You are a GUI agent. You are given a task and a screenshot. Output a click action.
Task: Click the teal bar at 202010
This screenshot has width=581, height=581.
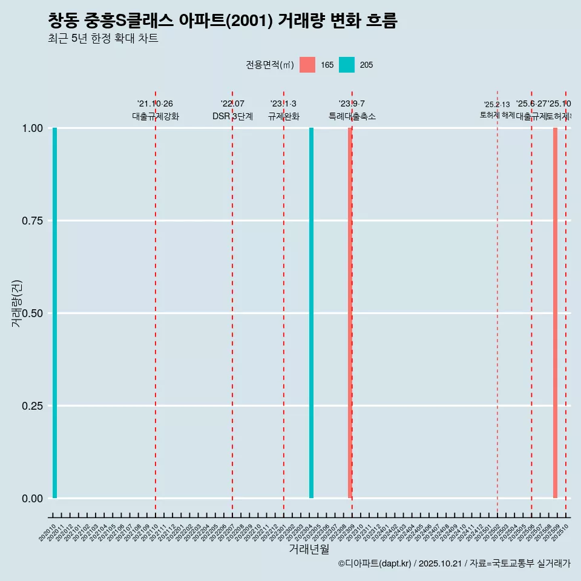tap(54, 313)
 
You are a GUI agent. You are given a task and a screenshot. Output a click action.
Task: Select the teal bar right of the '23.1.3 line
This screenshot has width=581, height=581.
tap(311, 313)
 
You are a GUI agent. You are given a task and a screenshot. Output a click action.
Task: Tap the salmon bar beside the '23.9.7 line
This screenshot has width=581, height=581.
tap(350, 313)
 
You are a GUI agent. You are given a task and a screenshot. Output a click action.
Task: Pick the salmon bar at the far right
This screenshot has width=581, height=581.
tap(555, 313)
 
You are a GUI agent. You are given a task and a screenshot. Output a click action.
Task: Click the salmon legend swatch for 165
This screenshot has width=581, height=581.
tap(307, 65)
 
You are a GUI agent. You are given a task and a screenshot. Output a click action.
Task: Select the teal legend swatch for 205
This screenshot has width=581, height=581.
tap(347, 65)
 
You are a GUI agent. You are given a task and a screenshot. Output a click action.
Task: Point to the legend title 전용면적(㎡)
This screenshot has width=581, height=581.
tap(270, 65)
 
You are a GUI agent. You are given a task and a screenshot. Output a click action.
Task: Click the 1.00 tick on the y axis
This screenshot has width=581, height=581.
tap(32, 128)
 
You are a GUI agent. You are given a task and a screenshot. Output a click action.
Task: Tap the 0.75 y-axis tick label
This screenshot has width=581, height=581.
tap(32, 221)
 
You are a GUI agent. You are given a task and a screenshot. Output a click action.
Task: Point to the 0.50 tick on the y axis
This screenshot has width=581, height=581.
tap(32, 313)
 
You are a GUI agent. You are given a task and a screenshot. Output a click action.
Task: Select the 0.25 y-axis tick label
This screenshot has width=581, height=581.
tap(32, 405)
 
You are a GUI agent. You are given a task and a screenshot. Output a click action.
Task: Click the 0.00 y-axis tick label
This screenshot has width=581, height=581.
tap(32, 498)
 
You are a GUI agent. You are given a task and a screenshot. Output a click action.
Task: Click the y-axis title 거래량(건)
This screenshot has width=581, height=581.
tap(16, 303)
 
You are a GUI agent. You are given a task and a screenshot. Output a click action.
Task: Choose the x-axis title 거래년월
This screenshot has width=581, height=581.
tap(309, 549)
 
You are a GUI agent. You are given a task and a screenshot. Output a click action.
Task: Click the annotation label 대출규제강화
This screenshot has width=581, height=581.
tap(156, 116)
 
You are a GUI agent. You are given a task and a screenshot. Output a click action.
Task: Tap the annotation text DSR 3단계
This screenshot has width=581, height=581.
tap(232, 116)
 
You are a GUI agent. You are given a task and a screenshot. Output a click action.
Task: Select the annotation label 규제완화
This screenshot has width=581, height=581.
tap(284, 116)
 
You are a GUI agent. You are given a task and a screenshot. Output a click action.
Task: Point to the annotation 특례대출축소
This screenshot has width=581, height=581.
tap(352, 116)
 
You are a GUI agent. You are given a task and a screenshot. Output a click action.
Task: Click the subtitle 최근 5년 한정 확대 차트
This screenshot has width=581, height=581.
tap(103, 39)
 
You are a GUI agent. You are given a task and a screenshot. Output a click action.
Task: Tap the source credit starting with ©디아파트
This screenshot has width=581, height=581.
tap(454, 563)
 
